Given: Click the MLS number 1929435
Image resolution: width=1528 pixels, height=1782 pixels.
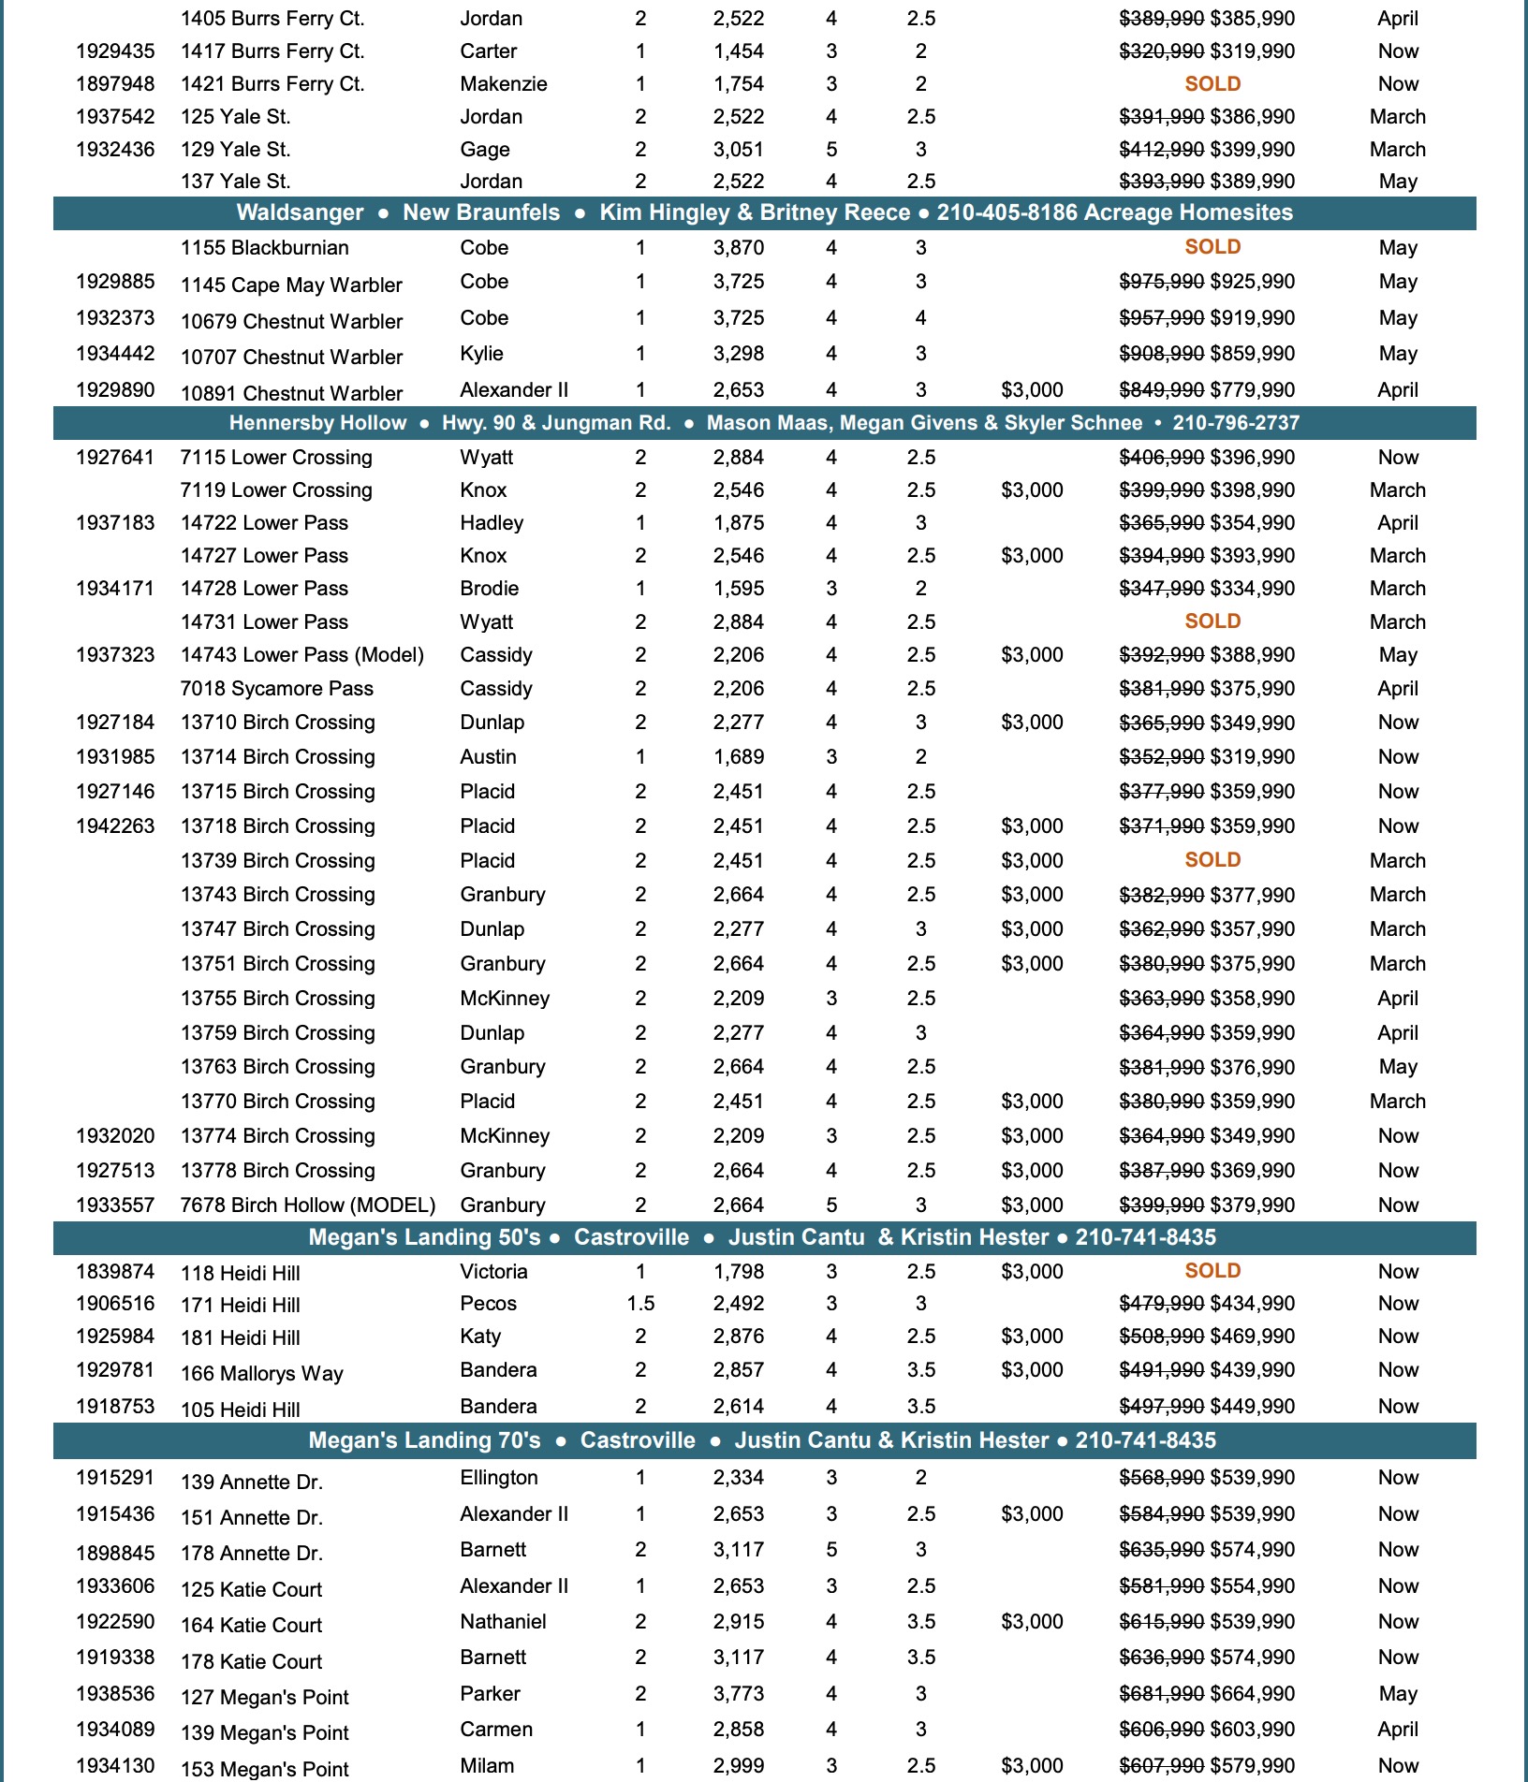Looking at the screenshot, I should pos(115,51).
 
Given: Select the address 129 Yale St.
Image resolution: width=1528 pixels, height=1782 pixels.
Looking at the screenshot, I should pos(235,150).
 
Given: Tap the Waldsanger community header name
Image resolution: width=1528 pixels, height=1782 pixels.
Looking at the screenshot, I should pos(300,212).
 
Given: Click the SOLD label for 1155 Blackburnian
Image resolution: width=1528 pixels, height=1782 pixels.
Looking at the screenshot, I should pos(1212,247).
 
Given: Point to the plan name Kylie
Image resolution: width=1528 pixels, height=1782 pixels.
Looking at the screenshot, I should pos(481,354).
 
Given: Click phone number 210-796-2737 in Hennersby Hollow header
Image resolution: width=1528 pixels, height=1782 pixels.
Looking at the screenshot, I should pos(1236,423).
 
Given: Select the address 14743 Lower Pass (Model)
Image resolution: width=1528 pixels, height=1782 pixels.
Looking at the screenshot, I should pos(301,655).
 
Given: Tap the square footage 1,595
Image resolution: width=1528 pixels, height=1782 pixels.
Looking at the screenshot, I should pos(738,589).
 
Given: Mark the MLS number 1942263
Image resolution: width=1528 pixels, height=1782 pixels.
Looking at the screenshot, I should pos(115,826).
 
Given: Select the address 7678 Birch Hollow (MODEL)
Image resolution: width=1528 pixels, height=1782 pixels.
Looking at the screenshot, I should pos(307,1205).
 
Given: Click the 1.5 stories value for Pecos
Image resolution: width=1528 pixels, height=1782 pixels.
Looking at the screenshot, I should pos(640,1304).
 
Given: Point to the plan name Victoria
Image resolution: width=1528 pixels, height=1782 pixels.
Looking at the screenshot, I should pos(493,1272).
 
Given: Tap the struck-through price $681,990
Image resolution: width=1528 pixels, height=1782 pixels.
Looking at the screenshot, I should pos(1161,1694).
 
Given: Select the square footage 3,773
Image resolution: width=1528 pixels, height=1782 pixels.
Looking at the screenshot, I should pos(738,1694).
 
